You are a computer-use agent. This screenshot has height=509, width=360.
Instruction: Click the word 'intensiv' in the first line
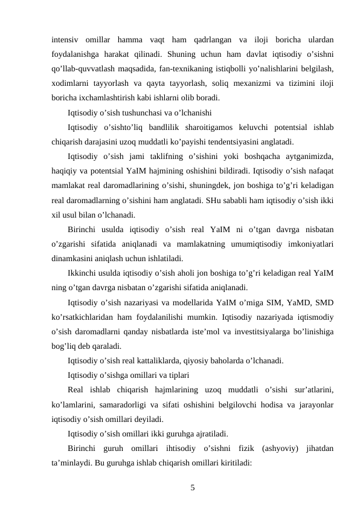65,40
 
